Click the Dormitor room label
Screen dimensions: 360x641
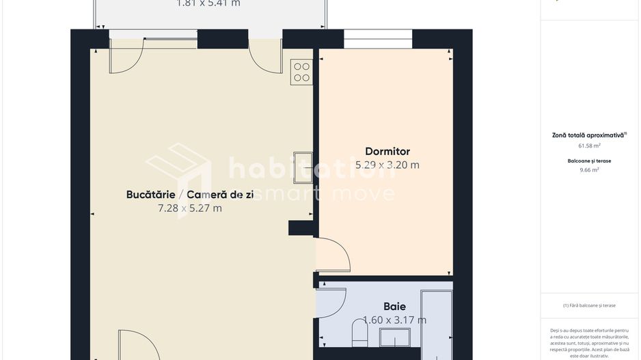[387, 151]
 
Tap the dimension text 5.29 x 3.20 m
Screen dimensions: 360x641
[387, 165]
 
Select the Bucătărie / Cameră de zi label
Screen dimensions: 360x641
[190, 195]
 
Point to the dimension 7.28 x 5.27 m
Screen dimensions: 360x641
[190, 208]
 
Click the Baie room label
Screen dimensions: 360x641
[394, 307]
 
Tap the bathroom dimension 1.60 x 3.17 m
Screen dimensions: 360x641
[394, 320]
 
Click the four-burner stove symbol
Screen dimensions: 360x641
[301, 72]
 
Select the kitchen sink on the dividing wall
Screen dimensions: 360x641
[302, 167]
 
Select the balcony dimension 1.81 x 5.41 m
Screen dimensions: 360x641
[208, 3]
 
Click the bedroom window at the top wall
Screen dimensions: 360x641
[378, 40]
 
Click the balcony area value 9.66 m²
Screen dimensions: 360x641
[589, 170]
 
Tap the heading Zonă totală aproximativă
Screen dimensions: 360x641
[589, 135]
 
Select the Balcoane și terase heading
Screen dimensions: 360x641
[589, 161]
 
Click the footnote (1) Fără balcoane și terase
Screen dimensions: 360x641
[589, 305]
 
